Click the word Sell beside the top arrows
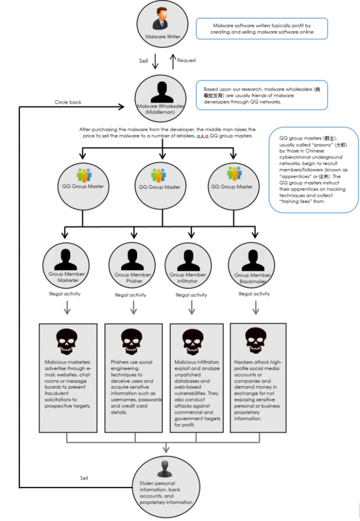click(144, 61)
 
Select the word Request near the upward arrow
click(186, 61)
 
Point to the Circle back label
click(68, 102)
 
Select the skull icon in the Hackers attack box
click(255, 339)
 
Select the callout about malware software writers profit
click(262, 28)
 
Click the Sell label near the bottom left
click(84, 478)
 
